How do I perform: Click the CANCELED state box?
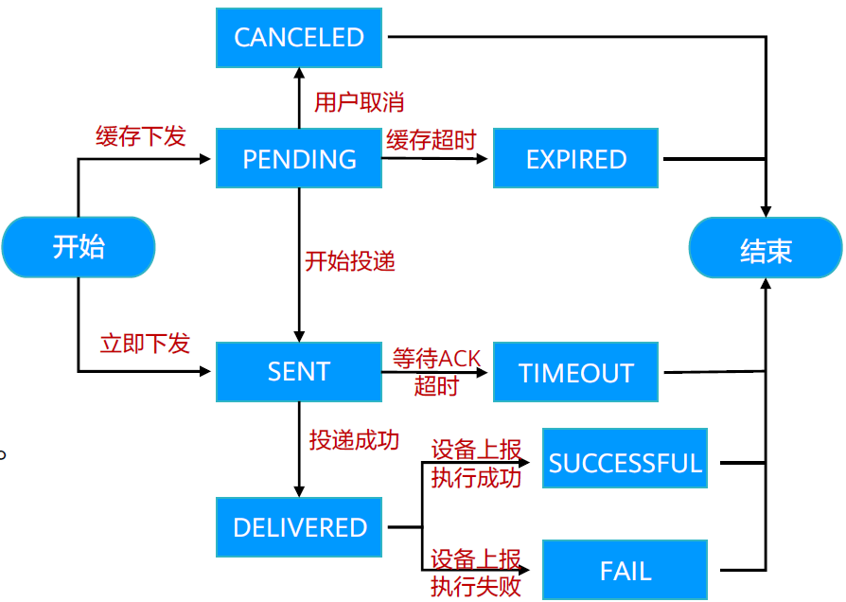point(299,38)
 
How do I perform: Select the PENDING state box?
point(299,159)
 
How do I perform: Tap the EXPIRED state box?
point(575,159)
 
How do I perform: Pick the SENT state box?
point(299,372)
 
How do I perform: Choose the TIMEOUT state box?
point(575,372)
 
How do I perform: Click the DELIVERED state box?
point(299,527)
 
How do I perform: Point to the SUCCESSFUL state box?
point(625,463)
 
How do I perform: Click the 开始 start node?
point(78,247)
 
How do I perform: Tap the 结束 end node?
point(765,252)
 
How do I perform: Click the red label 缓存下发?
point(141,136)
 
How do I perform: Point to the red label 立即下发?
point(145,344)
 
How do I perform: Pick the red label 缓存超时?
point(431,140)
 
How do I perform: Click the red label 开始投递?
point(349,261)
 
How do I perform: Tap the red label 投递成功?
point(354,440)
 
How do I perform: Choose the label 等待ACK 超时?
point(436,372)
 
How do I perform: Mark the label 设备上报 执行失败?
point(476,572)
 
